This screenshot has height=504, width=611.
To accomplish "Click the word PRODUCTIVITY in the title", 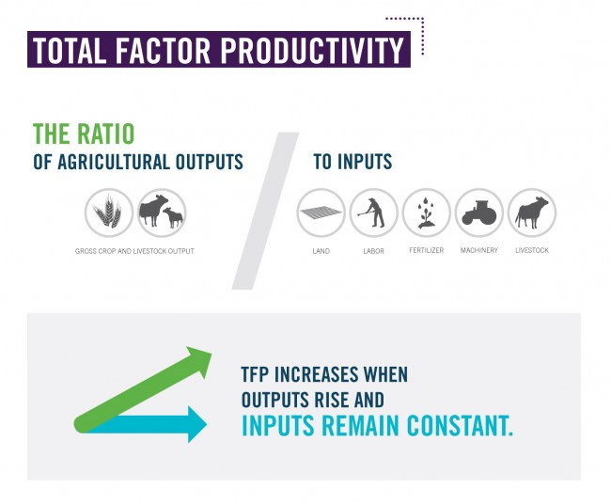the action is point(312,50).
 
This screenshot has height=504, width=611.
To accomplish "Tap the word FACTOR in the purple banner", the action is point(163,50).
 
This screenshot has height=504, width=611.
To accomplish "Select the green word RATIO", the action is point(106,134).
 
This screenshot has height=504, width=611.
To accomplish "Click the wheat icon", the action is point(109,213).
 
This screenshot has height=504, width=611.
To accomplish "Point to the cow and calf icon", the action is point(162,213).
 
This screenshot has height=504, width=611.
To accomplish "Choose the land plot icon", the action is point(321,213).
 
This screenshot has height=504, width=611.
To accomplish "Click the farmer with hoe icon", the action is point(373,213).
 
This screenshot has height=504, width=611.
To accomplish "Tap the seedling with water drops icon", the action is point(427,213).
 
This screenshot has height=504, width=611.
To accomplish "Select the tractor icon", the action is point(479,213).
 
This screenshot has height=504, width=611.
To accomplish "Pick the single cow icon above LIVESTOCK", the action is point(532,213).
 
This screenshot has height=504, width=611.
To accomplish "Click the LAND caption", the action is point(321,251).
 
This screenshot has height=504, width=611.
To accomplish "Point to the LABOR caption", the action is point(374,251).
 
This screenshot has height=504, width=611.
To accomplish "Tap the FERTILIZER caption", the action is point(427,250).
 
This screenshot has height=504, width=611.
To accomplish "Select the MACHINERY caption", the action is point(479,250).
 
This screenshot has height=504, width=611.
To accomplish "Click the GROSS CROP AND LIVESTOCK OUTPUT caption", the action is point(134,251).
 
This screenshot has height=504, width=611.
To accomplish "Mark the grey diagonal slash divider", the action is point(265,211).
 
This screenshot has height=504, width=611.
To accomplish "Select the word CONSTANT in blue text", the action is point(460,426).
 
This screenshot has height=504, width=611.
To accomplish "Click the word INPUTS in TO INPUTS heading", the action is point(365,162).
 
